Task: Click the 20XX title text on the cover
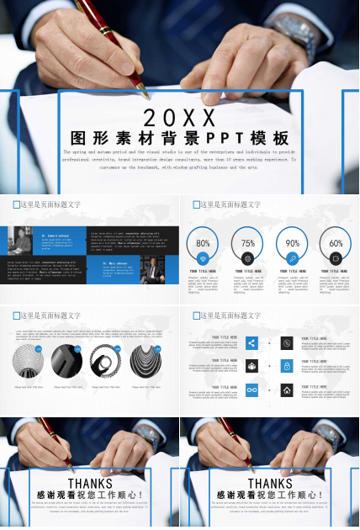[x=179, y=116]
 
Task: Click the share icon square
[x=251, y=343]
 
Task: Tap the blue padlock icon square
[x=287, y=367]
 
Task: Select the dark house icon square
[x=287, y=390]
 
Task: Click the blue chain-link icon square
[x=251, y=390]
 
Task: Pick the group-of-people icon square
[x=251, y=367]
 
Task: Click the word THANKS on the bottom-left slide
[x=90, y=484]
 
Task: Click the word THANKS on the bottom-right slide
[x=270, y=484]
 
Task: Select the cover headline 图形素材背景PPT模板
[x=179, y=138]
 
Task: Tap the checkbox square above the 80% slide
[x=195, y=204]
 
